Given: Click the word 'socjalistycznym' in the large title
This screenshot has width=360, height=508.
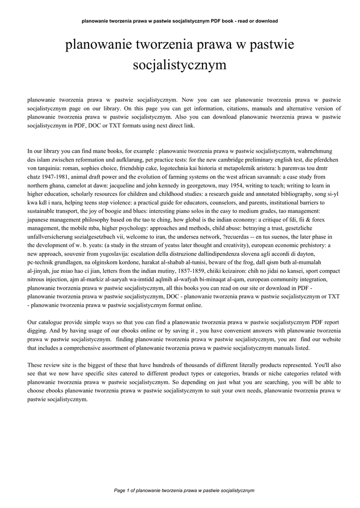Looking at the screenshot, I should click(x=180, y=65).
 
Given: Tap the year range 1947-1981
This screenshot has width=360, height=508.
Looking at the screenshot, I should click(x=56, y=177).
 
